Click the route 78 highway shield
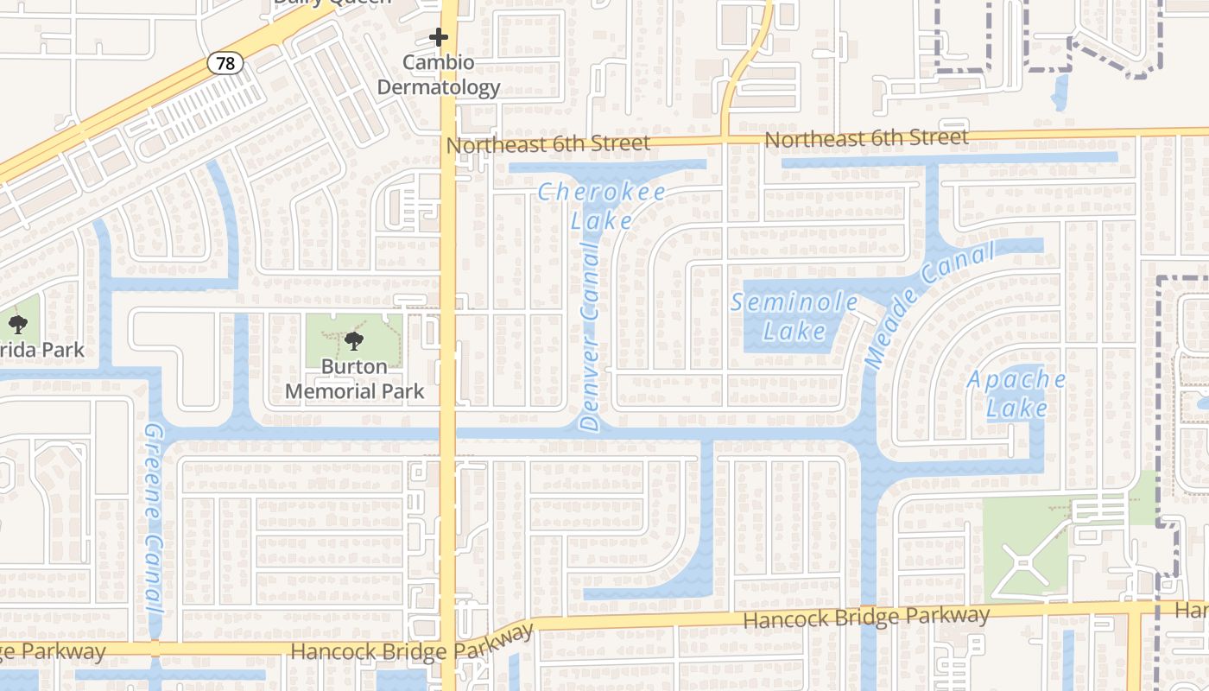click(225, 63)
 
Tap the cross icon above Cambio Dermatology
click(439, 37)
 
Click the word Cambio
click(439, 63)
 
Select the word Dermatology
click(439, 87)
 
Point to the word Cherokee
click(601, 192)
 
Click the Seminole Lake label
click(794, 316)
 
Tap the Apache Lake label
click(1016, 393)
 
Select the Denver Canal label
click(591, 337)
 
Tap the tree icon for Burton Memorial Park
click(354, 341)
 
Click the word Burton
click(354, 367)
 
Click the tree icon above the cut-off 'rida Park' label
click(18, 325)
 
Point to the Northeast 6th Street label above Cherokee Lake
click(548, 144)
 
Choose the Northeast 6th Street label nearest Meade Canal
click(866, 138)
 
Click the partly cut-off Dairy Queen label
click(332, 3)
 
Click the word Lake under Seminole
click(794, 331)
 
